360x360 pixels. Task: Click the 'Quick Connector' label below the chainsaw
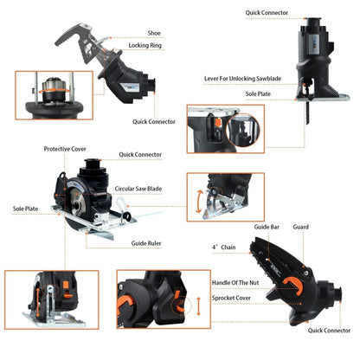click(329, 330)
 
